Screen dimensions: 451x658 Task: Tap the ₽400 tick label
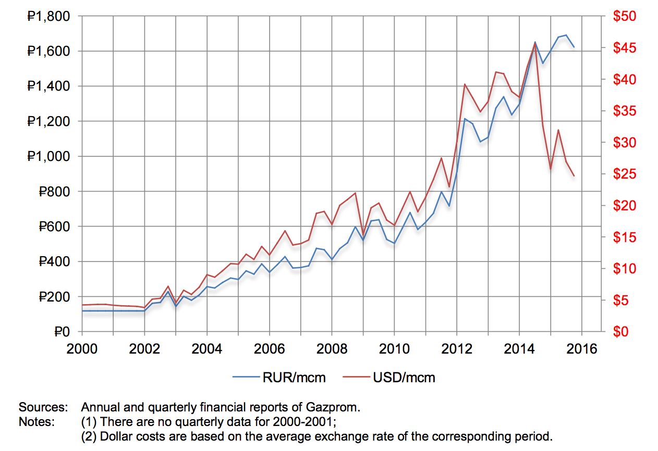click(53, 262)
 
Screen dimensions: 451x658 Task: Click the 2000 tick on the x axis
click(82, 348)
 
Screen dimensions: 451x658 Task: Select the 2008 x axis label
click(332, 348)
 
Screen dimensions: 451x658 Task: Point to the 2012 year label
click(457, 348)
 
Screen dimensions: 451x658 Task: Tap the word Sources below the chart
click(44, 407)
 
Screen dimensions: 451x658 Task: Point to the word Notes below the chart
click(36, 421)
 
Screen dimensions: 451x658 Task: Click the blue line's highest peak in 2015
click(566, 35)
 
